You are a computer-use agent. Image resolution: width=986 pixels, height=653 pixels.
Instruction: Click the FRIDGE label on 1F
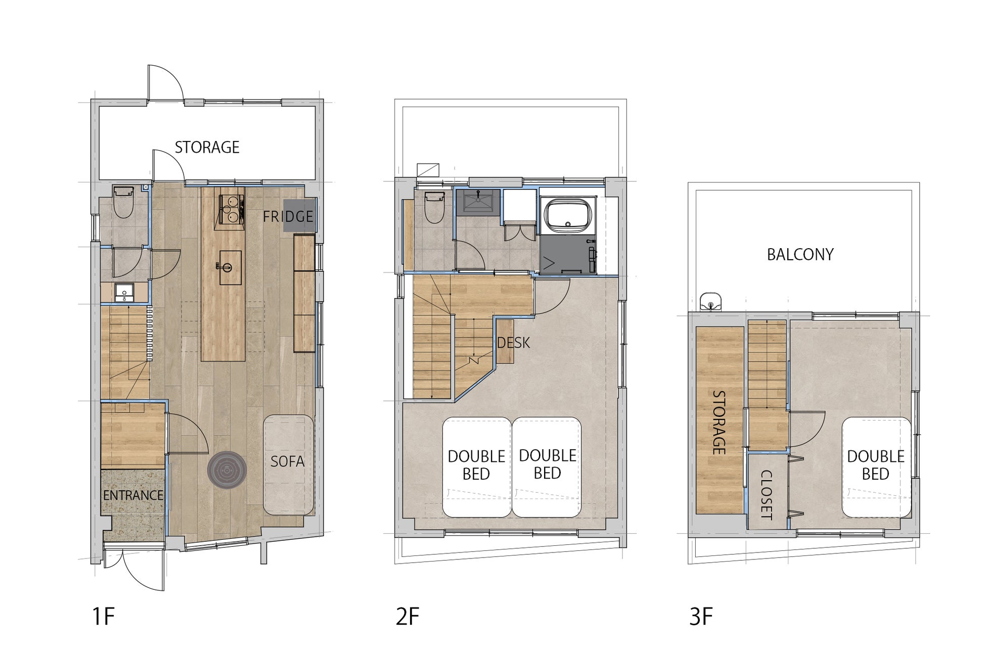point(288,216)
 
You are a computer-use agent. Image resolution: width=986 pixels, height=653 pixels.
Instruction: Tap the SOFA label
point(287,461)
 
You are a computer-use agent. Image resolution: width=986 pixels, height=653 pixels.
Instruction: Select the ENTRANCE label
point(133,495)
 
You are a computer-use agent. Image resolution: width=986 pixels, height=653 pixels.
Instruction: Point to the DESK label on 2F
point(513,343)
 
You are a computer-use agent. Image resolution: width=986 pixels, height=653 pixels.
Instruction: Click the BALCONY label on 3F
point(800,254)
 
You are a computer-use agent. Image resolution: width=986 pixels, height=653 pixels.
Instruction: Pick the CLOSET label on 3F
point(766,495)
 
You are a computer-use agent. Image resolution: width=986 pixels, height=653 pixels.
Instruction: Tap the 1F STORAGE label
point(207,147)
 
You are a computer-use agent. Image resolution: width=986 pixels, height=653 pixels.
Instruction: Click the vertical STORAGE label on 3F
point(719,423)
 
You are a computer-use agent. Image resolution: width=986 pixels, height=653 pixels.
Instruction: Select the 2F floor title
point(408,617)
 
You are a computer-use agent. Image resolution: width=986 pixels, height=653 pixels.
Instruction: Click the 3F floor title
point(701,617)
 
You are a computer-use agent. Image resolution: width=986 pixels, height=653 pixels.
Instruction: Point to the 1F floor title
point(104,617)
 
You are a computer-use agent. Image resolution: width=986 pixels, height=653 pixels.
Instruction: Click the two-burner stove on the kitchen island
point(231,208)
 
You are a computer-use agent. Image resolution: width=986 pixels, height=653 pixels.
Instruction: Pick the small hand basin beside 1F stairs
point(123,293)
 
